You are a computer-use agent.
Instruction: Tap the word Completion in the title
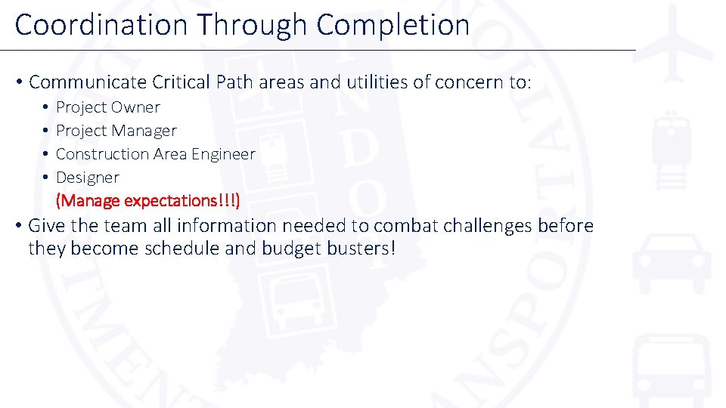coord(393,25)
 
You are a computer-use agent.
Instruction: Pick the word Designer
coord(88,178)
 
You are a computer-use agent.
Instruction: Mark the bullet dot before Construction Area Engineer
coord(45,154)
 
